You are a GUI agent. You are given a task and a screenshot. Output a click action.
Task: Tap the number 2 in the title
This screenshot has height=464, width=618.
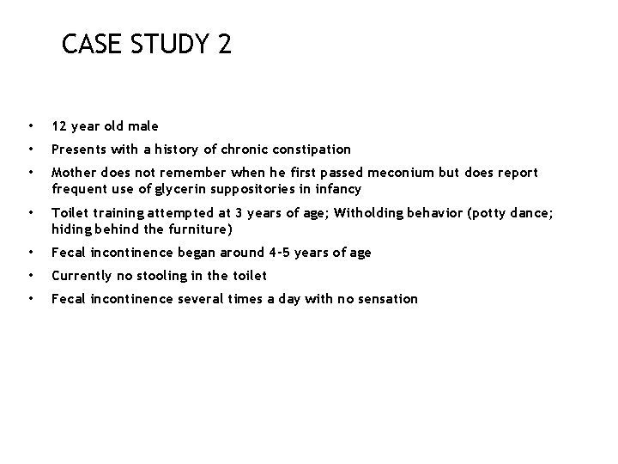point(225,44)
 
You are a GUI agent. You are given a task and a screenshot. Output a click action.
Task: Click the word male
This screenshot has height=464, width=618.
point(142,126)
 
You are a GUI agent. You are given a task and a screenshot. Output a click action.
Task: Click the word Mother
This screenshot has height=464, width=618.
point(73,172)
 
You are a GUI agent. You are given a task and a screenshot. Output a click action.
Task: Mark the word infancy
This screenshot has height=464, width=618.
point(336,189)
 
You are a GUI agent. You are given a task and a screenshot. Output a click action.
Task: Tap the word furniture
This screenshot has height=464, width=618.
point(197,229)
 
